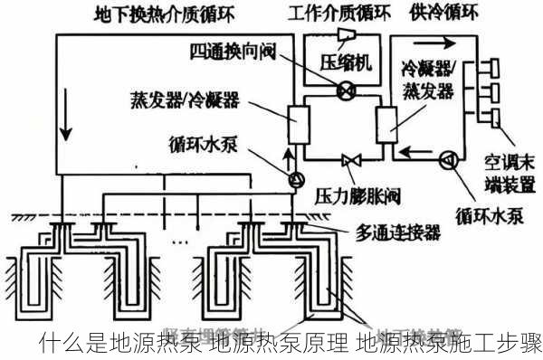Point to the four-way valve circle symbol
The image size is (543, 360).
[x=344, y=90]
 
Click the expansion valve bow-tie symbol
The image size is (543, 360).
[x=345, y=160]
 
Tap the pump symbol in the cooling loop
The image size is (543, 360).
[x=446, y=160]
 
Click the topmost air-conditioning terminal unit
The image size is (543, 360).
[x=493, y=69]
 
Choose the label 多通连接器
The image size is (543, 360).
[x=399, y=234]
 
